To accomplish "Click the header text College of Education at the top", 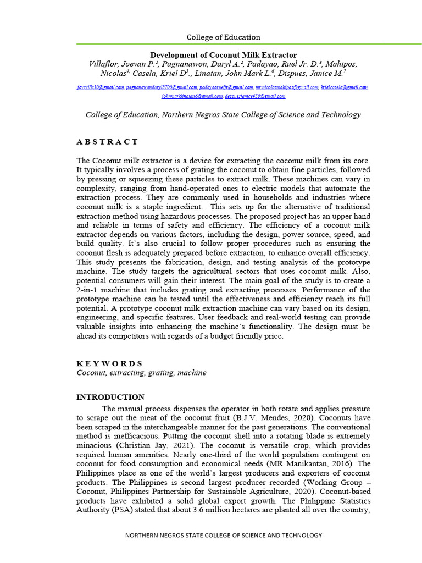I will click(x=224, y=37).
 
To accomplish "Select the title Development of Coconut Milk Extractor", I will click(x=224, y=55).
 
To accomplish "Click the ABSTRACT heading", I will click(x=107, y=142).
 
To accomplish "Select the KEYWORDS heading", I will click(x=109, y=363).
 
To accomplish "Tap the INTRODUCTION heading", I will click(x=110, y=397).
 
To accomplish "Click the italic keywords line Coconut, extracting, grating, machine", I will click(x=141, y=373).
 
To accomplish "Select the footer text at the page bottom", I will click(x=224, y=535).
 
